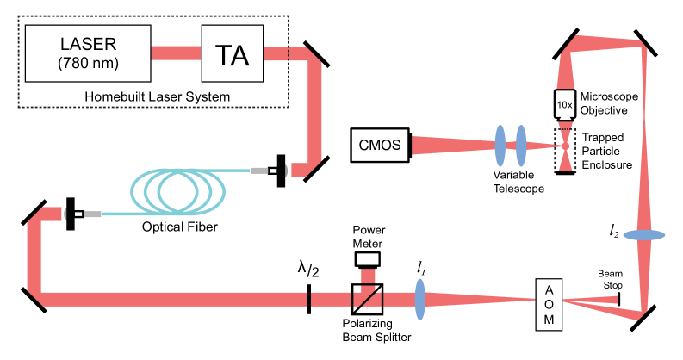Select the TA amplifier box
tap(231, 54)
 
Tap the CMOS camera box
tap(379, 146)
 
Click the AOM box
tap(549, 303)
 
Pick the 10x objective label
tap(565, 104)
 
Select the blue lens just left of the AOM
tap(420, 300)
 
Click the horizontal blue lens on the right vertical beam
tap(643, 235)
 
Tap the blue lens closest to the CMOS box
tap(500, 146)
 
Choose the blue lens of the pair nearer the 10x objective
tap(520, 146)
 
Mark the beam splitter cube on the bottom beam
tap(368, 299)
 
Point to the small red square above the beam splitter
tap(368, 276)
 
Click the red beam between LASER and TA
tap(175, 53)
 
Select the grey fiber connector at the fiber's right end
tap(259, 171)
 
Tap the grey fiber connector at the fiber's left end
tap(93, 213)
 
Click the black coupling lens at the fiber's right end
tap(282, 171)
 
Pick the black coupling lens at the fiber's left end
tap(70, 213)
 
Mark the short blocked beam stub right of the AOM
tap(603, 300)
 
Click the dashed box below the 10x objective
tap(565, 146)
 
